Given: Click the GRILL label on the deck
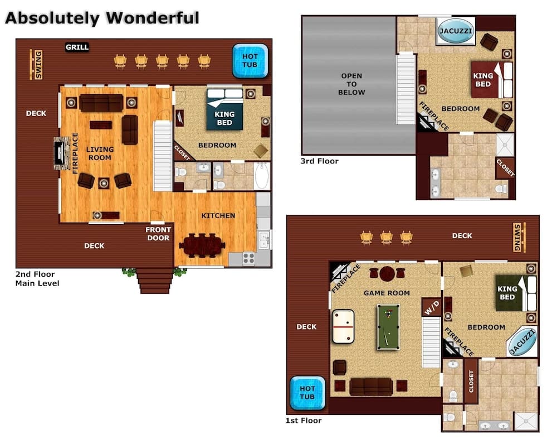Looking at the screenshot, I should [x=77, y=47].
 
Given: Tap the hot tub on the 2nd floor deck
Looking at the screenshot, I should [x=246, y=61].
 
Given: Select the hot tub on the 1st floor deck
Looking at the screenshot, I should [x=307, y=393].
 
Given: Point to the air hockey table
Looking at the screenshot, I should [x=343, y=326].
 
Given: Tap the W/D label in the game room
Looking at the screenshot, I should [x=431, y=307].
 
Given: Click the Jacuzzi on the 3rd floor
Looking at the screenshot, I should [x=456, y=31].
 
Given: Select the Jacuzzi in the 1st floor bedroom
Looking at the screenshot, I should [x=522, y=342].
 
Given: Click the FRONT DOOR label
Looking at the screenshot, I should [x=158, y=234].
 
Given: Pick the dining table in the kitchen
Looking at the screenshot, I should [x=202, y=245].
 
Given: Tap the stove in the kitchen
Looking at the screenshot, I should [x=248, y=258].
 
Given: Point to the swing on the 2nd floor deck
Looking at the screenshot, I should [x=37, y=65].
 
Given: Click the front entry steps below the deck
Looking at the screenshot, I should [x=155, y=280].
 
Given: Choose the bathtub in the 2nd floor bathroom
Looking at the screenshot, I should [x=262, y=176].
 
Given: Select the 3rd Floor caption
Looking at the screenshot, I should [x=320, y=161].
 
